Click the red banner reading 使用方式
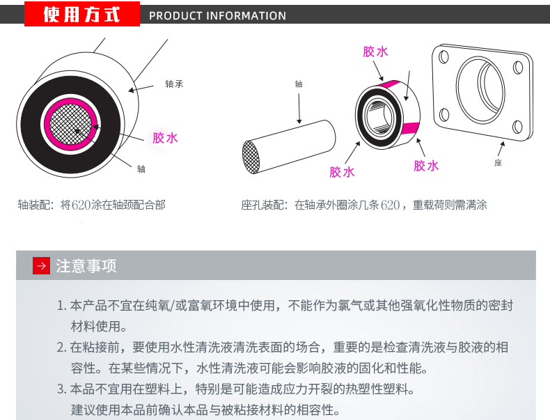(82, 14)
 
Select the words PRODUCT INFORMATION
(217, 16)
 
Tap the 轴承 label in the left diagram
(174, 84)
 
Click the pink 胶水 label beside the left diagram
(165, 138)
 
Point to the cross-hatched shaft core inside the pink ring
(71, 125)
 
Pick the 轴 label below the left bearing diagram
(141, 169)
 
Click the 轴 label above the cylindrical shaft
(299, 84)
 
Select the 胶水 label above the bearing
(375, 52)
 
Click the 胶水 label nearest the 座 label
(426, 166)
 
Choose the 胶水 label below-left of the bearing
(342, 172)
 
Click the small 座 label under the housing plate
(498, 163)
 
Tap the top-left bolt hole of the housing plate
(443, 57)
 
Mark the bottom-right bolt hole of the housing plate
(517, 126)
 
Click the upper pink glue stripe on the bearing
(390, 84)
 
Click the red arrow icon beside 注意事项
(41, 265)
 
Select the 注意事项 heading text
(86, 266)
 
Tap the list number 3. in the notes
(62, 389)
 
